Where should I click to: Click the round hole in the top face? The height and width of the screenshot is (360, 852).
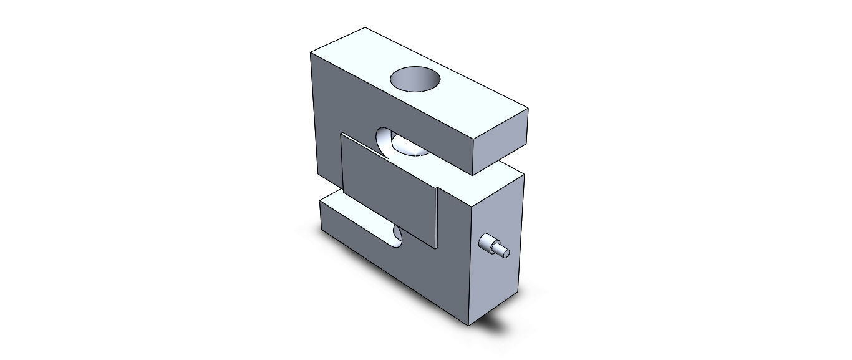click(415, 80)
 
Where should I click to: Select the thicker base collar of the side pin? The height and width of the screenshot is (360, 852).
click(487, 242)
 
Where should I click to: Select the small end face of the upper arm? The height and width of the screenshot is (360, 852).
click(501, 142)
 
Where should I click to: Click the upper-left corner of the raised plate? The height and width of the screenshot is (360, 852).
click(341, 133)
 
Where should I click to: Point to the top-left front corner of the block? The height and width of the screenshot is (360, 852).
click(311, 53)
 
